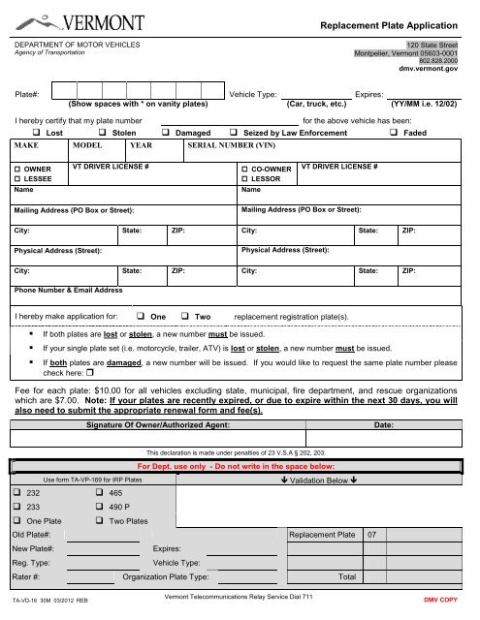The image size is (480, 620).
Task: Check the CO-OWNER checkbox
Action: click(x=243, y=169)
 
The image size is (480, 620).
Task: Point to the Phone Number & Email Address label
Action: click(x=68, y=290)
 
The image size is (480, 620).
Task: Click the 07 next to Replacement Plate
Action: click(x=372, y=535)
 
